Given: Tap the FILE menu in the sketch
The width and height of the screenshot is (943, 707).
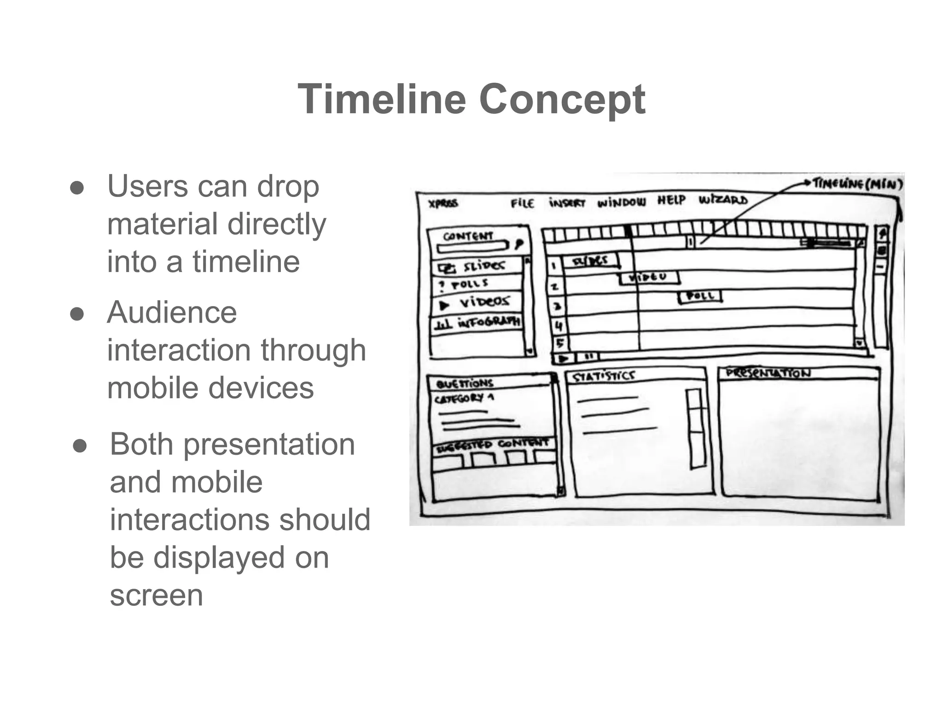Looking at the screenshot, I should point(522,203).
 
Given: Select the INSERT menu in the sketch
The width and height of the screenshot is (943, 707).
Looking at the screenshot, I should point(567,203).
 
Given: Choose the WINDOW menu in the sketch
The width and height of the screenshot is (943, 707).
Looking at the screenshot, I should point(621,202).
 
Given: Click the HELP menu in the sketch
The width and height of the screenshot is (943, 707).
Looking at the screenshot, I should point(671,200).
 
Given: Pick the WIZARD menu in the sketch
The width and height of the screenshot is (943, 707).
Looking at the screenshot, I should point(723,200).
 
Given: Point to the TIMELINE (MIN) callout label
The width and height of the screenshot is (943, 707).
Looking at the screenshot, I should point(857,184).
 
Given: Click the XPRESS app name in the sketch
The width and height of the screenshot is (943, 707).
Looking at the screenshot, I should point(443,203).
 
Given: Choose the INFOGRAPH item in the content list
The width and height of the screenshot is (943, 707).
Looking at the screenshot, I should point(488,322).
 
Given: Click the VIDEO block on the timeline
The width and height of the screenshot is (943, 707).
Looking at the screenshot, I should point(649,277).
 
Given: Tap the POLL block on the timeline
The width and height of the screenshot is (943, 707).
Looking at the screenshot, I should point(700,296).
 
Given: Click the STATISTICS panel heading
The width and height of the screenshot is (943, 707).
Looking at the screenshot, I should point(603,377).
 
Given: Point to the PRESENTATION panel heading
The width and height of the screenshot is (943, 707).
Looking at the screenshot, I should point(768,373).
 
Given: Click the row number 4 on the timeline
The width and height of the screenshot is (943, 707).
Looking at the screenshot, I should point(559,326).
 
